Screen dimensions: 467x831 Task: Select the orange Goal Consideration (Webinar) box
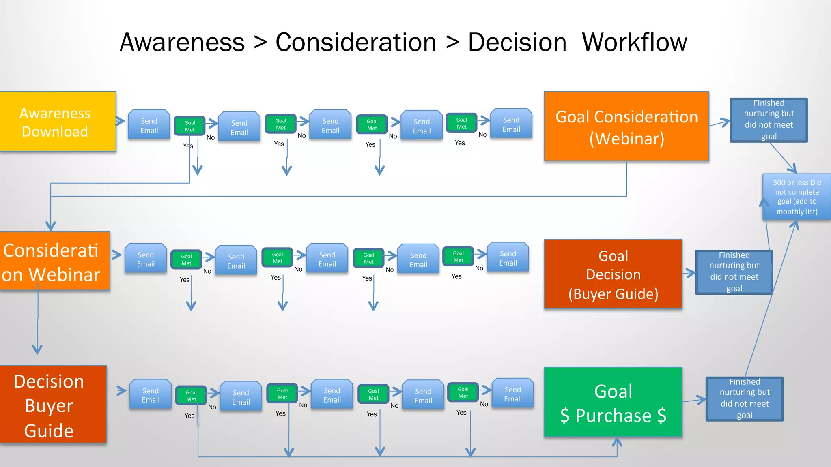626,126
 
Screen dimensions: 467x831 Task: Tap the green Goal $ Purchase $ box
613,402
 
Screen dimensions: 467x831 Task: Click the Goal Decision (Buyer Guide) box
613,274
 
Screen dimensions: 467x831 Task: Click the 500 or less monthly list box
797,197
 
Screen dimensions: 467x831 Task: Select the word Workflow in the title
634,43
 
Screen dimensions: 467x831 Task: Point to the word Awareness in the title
182,43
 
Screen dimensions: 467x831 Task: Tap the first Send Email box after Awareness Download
149,125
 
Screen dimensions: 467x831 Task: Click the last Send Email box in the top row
511,124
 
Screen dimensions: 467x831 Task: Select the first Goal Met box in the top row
189,126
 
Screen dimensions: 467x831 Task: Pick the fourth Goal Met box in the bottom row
463,392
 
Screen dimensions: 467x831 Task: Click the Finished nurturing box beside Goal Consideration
769,120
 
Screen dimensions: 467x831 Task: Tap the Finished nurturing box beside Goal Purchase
744,399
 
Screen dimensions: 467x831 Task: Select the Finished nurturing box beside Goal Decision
734,272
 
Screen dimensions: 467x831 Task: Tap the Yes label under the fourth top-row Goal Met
460,143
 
